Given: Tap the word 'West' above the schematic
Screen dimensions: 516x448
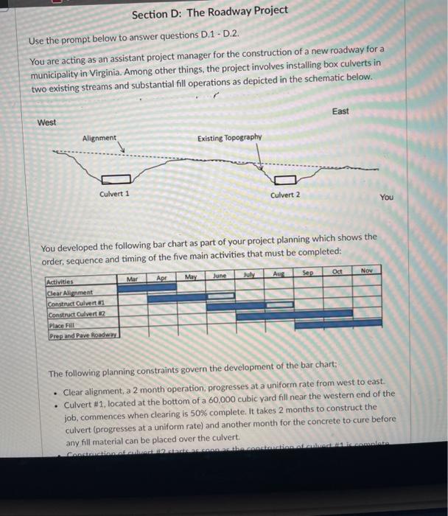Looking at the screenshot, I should pyautogui.click(x=46, y=122).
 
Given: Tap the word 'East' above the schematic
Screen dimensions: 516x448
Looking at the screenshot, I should pyautogui.click(x=340, y=111).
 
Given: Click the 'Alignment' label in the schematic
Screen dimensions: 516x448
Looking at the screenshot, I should pyautogui.click(x=99, y=138).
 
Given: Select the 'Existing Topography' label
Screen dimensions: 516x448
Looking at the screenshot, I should pyautogui.click(x=229, y=138).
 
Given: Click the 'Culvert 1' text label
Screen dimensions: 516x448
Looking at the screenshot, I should pyautogui.click(x=114, y=194).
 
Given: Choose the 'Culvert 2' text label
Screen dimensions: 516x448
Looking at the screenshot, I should pyautogui.click(x=285, y=195).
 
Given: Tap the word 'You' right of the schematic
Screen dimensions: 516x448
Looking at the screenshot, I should pyautogui.click(x=387, y=198).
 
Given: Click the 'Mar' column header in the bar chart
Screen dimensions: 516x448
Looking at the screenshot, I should pyautogui.click(x=133, y=279).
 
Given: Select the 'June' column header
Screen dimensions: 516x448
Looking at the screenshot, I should pyautogui.click(x=220, y=276).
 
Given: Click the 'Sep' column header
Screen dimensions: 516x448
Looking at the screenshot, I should pyautogui.click(x=308, y=273).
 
